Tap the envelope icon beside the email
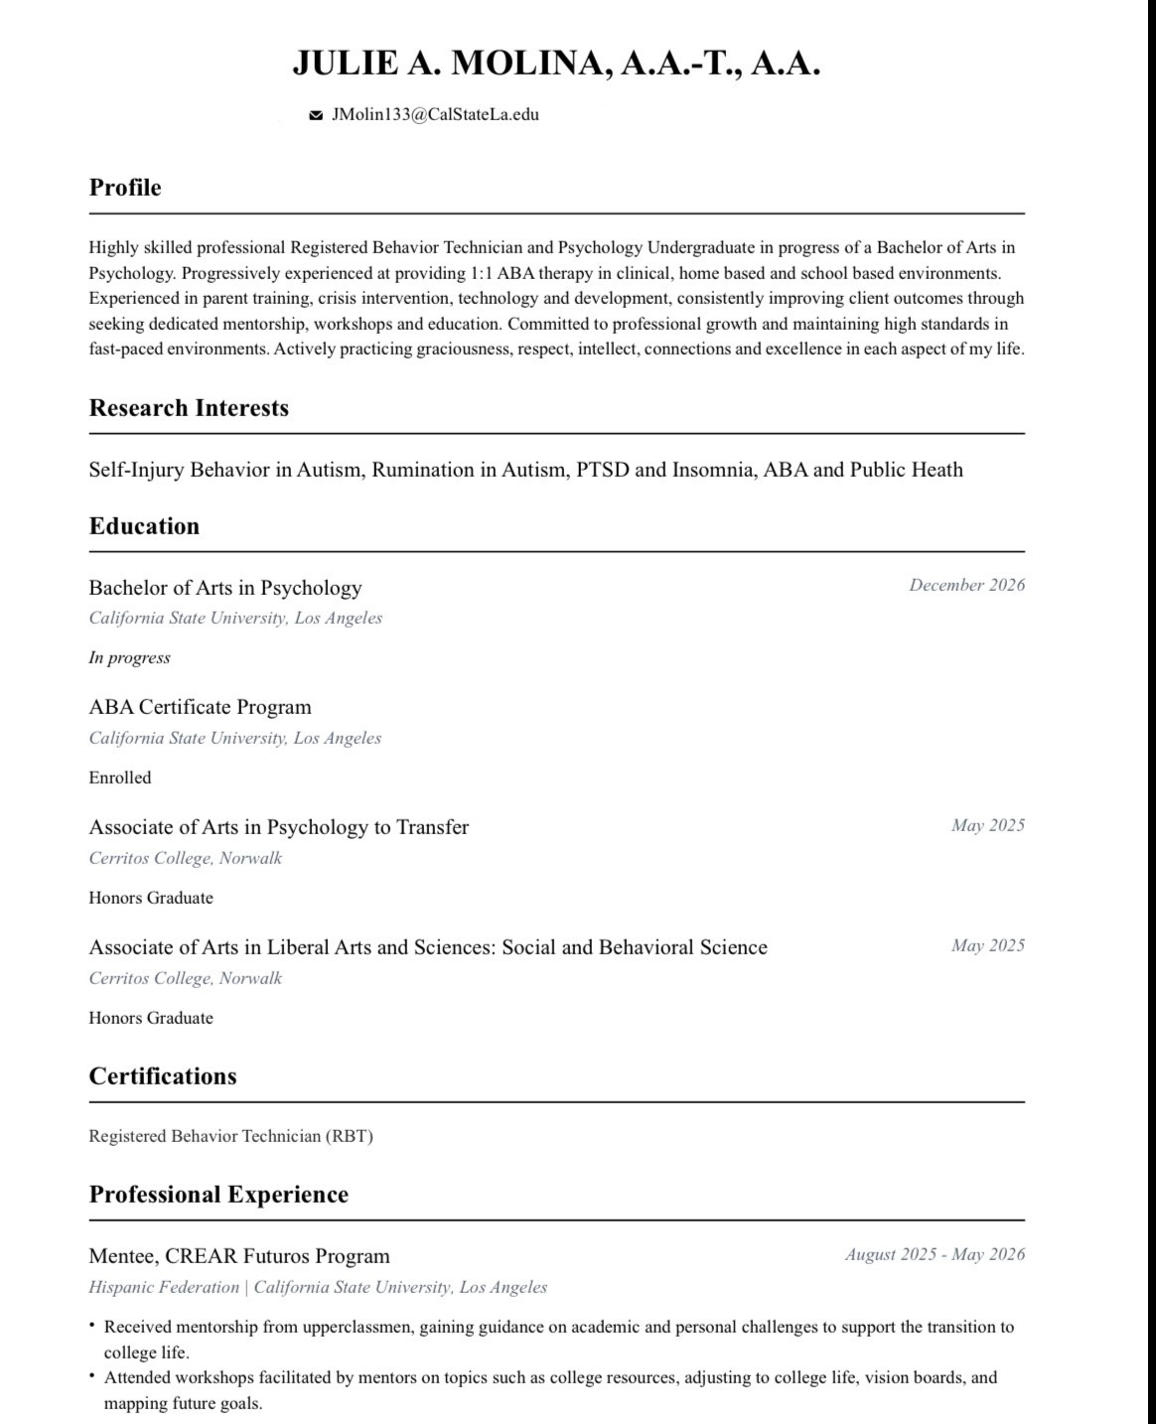[x=316, y=115]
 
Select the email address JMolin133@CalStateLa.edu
[x=435, y=114]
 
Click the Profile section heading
[x=125, y=188]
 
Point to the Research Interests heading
[x=189, y=408]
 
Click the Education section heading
[x=144, y=526]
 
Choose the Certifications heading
[x=163, y=1076]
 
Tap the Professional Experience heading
[x=218, y=1195]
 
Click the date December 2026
[x=966, y=585]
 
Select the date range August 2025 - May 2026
[x=935, y=1254]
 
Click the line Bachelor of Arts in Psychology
[x=225, y=588]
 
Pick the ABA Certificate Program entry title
[x=200, y=707]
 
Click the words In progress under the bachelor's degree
[x=129, y=657]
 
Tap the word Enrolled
[x=120, y=778]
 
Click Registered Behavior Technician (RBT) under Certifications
[x=230, y=1136]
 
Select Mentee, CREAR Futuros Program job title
[x=239, y=1256]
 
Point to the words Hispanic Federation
[x=164, y=1287]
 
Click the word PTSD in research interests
[x=603, y=470]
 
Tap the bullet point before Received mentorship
[x=92, y=1325]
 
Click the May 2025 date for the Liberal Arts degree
[x=987, y=945]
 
